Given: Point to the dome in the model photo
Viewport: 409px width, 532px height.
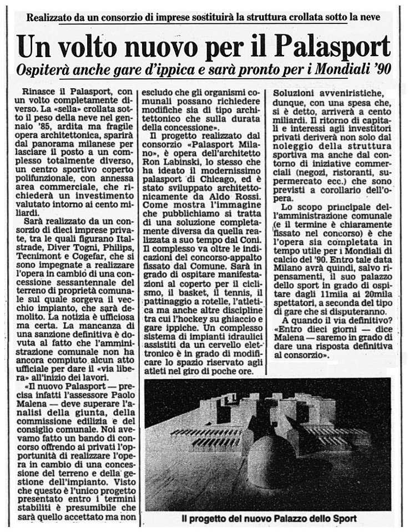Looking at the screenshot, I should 271,458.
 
